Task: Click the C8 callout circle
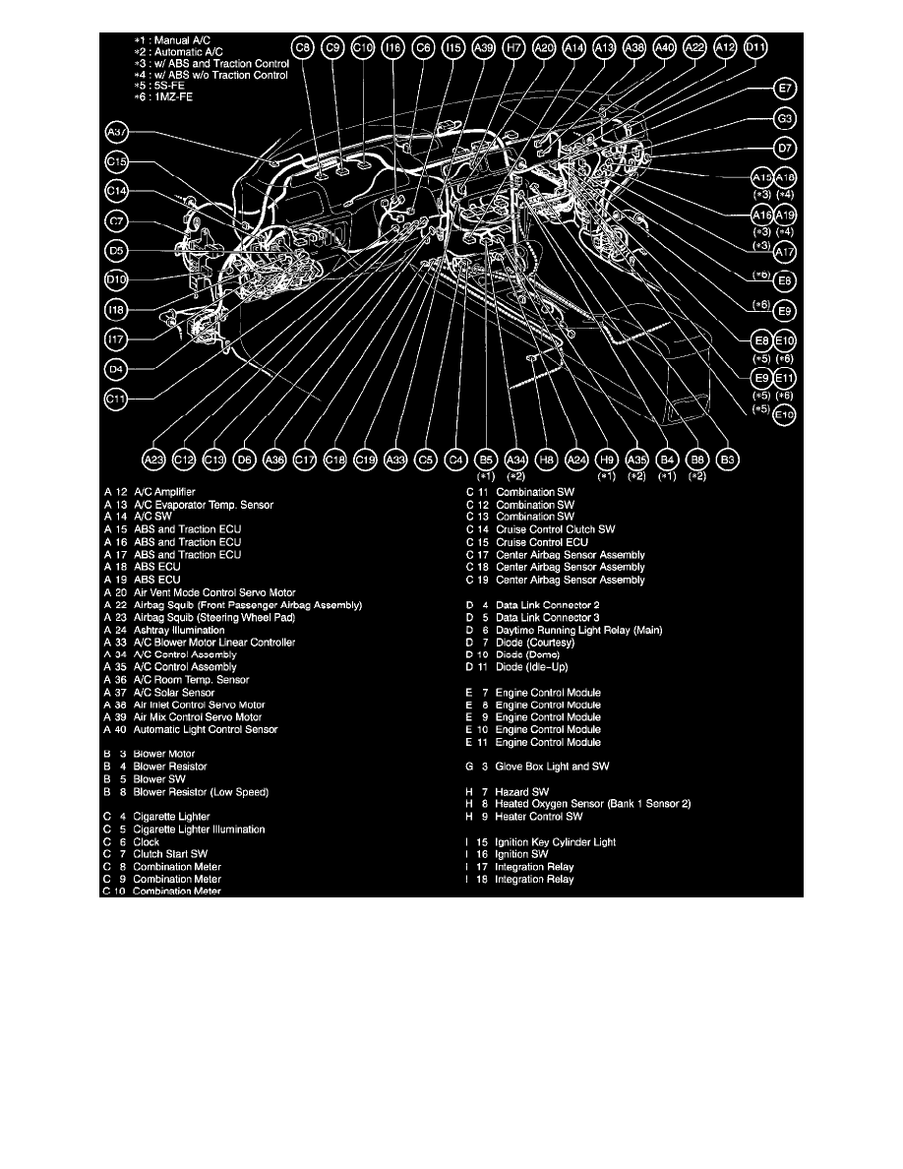click(304, 46)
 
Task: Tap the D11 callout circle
click(755, 46)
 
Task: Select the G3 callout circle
click(786, 119)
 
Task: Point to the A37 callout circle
click(116, 133)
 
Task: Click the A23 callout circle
click(153, 459)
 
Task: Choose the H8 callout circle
click(548, 459)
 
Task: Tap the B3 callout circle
click(728, 459)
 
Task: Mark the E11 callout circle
click(785, 379)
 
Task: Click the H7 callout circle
click(512, 46)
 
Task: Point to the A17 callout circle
click(785, 252)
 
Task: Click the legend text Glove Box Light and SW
click(552, 767)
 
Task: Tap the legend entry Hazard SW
click(522, 791)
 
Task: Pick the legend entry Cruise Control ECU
click(542, 542)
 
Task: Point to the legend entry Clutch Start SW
click(171, 854)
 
